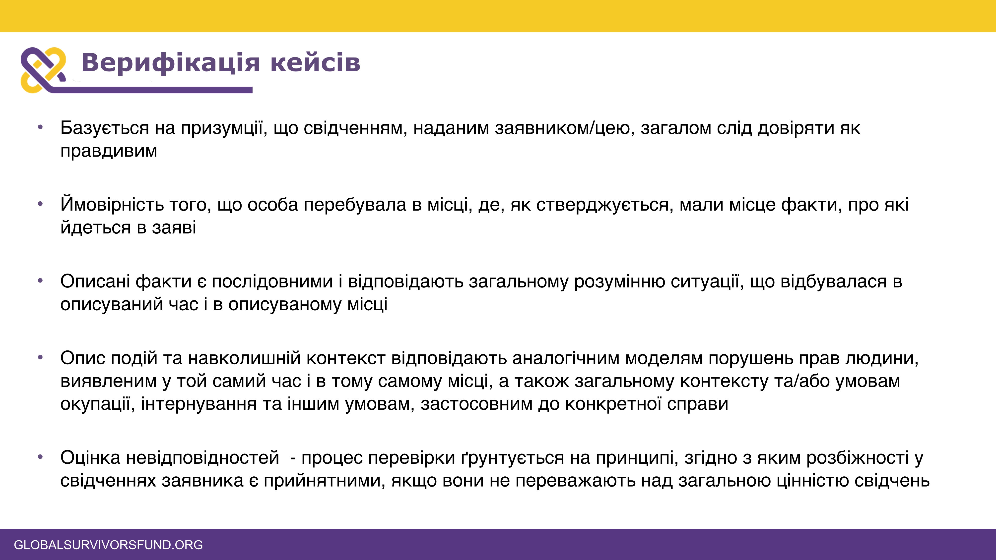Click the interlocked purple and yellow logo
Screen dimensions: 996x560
coord(43,70)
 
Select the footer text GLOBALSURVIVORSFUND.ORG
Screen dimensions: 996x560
coord(108,545)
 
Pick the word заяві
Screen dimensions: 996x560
coord(174,228)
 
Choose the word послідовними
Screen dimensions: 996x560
coord(272,281)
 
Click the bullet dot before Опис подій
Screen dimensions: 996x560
coord(40,357)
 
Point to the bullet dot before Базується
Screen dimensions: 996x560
coord(40,127)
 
